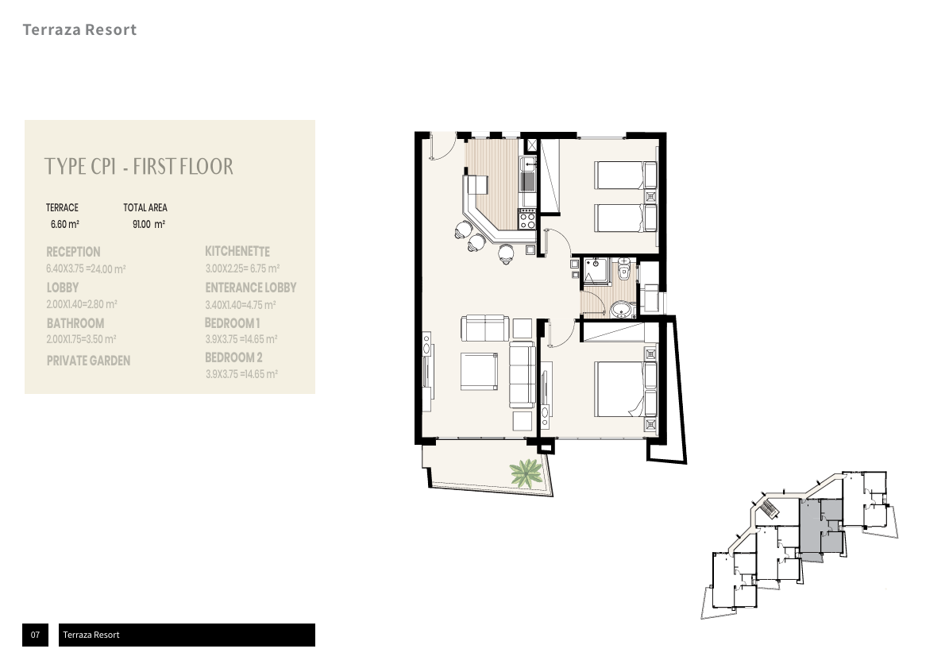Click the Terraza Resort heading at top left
point(79,29)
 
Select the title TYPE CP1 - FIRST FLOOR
point(139,166)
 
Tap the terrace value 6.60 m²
point(65,224)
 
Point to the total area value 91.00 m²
point(148,224)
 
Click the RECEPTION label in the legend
point(74,252)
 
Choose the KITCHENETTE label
point(237,252)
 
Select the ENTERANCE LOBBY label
point(251,288)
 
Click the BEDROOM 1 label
point(232,323)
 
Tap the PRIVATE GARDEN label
point(89,361)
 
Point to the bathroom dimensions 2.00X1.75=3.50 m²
point(81,339)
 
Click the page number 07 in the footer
point(35,635)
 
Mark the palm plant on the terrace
point(526,473)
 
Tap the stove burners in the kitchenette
point(527,218)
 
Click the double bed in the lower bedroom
point(626,389)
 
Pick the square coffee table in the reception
point(479,372)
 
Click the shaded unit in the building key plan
point(821,528)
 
